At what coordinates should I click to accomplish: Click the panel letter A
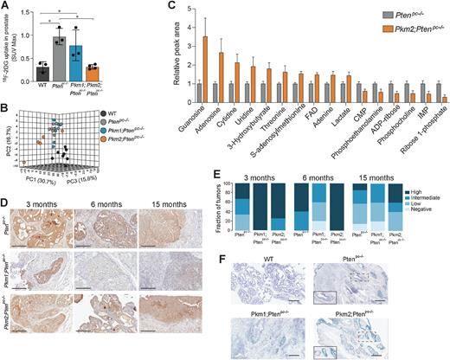(x=6, y=7)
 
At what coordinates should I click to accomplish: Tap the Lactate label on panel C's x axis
(x=344, y=122)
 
